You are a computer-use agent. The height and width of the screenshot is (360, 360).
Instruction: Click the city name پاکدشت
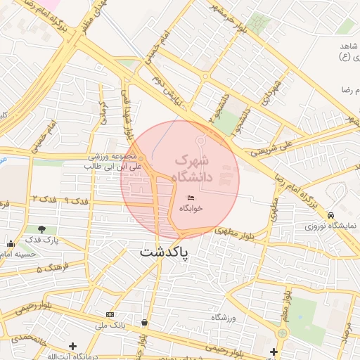coord(164,252)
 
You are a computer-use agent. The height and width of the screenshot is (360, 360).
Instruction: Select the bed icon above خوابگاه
coord(191,198)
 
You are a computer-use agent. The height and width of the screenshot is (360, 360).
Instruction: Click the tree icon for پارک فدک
coord(43,229)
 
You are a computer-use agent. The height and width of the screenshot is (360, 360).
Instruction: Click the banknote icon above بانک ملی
coord(110,314)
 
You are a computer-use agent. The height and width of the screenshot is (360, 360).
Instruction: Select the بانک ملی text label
coord(110,326)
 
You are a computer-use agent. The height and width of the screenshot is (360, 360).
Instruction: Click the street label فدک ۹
coord(76,201)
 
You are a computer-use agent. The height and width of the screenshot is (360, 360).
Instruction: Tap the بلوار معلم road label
coord(284,309)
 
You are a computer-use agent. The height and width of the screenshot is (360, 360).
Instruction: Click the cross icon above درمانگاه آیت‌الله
coord(72,345)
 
